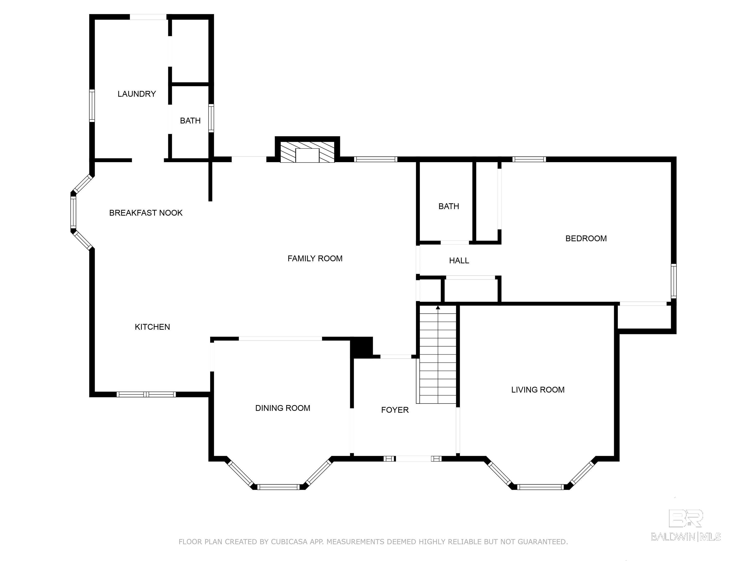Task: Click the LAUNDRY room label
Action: (137, 94)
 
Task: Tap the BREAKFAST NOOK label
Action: (146, 213)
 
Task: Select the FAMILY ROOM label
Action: (315, 258)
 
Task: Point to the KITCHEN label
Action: (152, 327)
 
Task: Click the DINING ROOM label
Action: (283, 408)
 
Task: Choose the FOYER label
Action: (395, 410)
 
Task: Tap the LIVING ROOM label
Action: (538, 390)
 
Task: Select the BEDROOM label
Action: (586, 238)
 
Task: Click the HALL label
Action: (459, 260)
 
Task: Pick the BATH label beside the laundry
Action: (190, 121)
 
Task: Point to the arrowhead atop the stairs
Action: (438, 307)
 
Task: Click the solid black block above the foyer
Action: (361, 347)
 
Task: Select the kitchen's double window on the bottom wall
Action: (146, 394)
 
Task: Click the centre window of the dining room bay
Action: (279, 487)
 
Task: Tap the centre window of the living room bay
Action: (541, 487)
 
